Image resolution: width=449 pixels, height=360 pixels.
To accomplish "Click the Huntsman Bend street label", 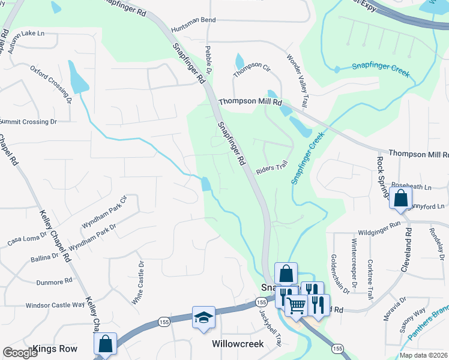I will coord(193,20).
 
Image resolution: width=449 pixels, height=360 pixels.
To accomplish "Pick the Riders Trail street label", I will coord(272,170).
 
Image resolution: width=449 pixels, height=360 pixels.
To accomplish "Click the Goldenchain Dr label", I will coord(340,273).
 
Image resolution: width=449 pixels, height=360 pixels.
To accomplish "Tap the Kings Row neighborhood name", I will coord(55,349).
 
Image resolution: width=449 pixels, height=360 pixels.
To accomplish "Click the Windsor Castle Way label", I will coord(55,305).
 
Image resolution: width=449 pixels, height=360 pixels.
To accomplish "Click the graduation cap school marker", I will coord(203,317).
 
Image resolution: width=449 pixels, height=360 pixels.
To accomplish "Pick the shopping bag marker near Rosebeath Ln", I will coord(400,197).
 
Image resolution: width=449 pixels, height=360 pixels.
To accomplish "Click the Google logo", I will coord(20,353).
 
